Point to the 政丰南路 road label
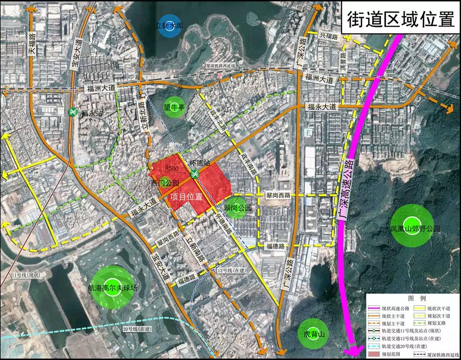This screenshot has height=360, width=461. [x=251, y=162]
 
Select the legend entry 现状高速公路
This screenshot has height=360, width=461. [x=395, y=308]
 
